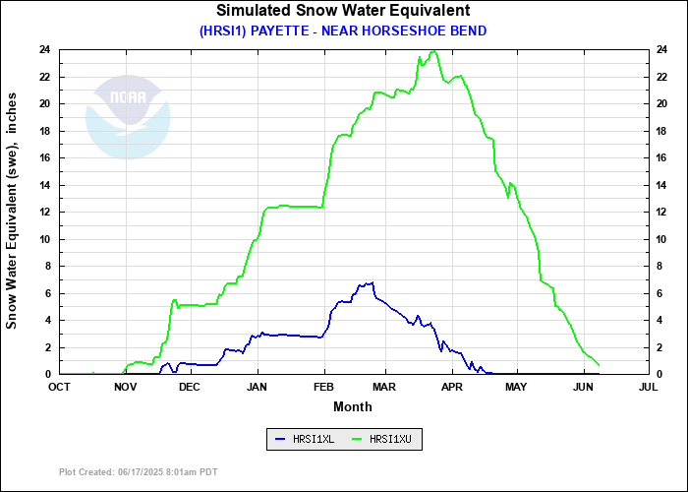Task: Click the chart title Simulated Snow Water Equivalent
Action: [x=343, y=11]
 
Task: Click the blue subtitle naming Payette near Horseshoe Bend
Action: [x=343, y=31]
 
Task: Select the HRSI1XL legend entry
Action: [x=305, y=440]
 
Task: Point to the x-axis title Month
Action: [x=353, y=406]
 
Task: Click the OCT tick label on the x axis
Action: [x=61, y=388]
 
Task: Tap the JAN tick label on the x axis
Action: [x=258, y=388]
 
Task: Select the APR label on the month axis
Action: [x=452, y=388]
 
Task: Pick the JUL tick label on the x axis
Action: [x=648, y=388]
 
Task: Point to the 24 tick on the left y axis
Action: [x=45, y=49]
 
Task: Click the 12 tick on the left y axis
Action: [x=45, y=212]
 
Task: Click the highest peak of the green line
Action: [x=433, y=51]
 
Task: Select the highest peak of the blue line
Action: [x=372, y=282]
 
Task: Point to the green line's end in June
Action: [x=599, y=365]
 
